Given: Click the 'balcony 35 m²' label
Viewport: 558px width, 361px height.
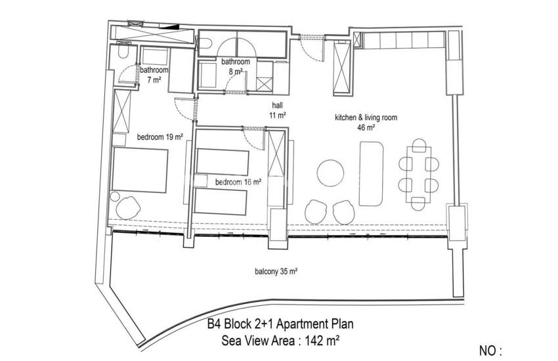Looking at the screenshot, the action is click(x=276, y=272).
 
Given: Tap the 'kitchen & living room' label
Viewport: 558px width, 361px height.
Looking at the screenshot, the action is click(x=366, y=117).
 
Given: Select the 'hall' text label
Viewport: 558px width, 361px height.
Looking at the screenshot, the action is click(x=277, y=105).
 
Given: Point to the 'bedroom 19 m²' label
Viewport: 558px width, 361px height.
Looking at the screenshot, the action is click(x=160, y=137).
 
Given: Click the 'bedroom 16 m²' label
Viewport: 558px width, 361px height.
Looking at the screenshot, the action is click(x=238, y=182).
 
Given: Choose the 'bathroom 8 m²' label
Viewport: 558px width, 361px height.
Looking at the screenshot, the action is click(x=235, y=66).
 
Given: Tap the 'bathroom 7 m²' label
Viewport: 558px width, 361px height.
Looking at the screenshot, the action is click(x=154, y=75).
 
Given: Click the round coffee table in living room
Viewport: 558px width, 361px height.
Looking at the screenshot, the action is click(x=331, y=173).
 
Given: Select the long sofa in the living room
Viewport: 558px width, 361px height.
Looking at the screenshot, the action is click(x=371, y=174).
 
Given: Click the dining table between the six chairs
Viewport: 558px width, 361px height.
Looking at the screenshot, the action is click(x=419, y=175).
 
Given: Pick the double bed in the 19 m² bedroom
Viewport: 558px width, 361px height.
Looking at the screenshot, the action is click(x=140, y=171).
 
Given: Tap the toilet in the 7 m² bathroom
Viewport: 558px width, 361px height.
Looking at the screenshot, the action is click(x=123, y=52).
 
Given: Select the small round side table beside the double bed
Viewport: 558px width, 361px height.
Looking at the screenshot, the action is click(x=115, y=197).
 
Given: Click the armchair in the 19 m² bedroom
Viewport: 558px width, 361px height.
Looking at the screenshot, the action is click(x=128, y=207).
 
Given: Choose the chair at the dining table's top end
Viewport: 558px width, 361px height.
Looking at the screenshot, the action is click(x=419, y=145).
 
